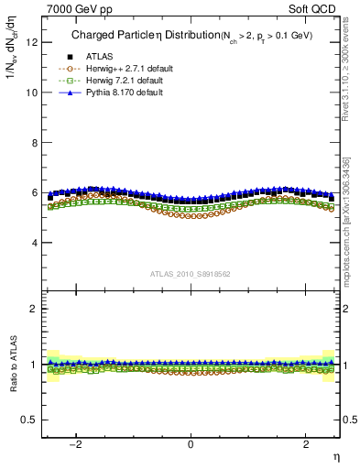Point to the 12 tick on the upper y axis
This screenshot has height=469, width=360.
pos(34,42)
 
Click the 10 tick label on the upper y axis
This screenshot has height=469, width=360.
pos(34,93)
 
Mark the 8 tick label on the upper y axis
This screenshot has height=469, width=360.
pos(37,143)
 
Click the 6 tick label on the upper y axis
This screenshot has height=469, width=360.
pos(37,193)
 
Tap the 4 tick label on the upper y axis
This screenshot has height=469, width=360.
pos(37,244)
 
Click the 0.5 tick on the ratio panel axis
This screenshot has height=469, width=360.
pos(32,420)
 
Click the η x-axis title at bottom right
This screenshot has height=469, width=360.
pos(335,456)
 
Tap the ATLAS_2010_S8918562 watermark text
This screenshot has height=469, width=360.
pos(191,274)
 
